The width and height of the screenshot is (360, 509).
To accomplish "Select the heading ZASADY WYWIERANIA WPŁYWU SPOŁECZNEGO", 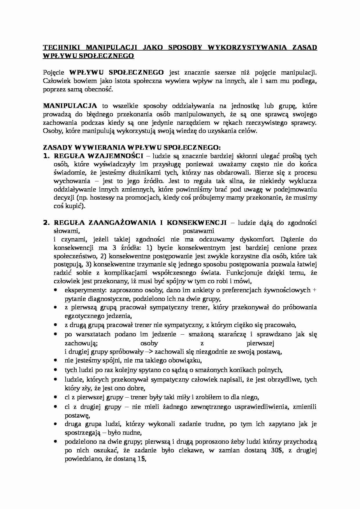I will pyautogui.click(x=132, y=147).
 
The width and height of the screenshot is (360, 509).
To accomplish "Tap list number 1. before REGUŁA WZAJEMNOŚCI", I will pyautogui.click(x=47, y=156).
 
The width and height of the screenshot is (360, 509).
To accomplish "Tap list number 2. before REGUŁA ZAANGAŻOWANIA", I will pyautogui.click(x=47, y=223).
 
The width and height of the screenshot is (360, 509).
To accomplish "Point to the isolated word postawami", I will pyautogui.click(x=199, y=231).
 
